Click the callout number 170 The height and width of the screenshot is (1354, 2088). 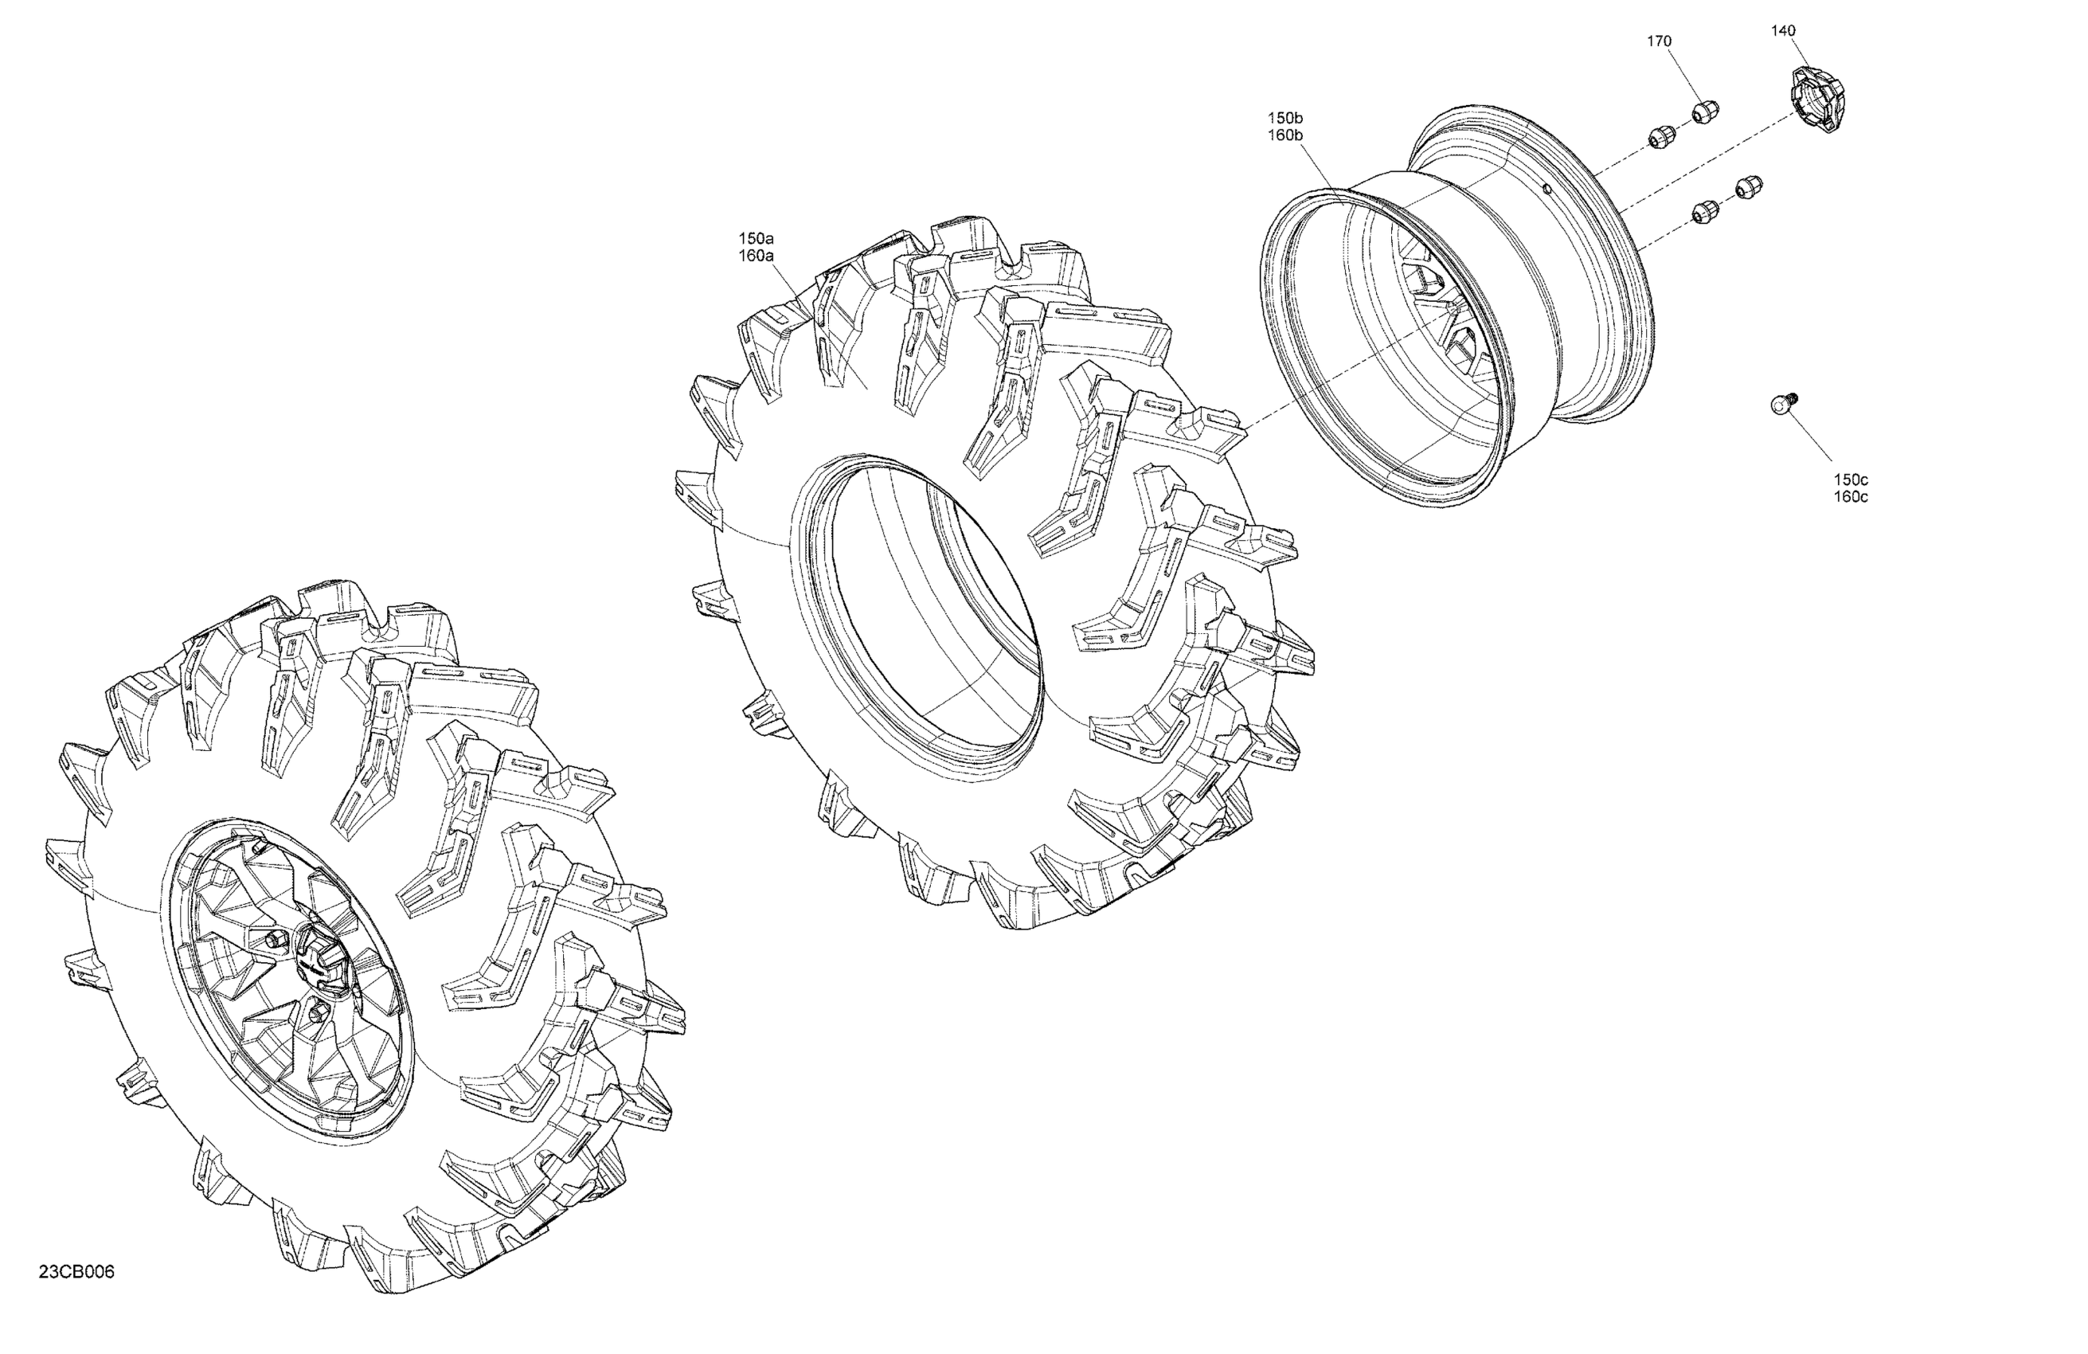pos(1659,41)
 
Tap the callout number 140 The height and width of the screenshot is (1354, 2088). pos(1784,31)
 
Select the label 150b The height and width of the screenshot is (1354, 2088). pos(1285,118)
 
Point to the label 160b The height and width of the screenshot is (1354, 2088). pos(1285,135)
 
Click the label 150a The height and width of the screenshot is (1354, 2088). pos(757,238)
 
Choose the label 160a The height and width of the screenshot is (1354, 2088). pos(757,256)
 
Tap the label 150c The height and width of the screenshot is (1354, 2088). pos(1850,479)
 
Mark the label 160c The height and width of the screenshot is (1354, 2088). pos(1850,497)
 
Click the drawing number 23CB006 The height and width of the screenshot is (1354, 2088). pos(76,1271)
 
